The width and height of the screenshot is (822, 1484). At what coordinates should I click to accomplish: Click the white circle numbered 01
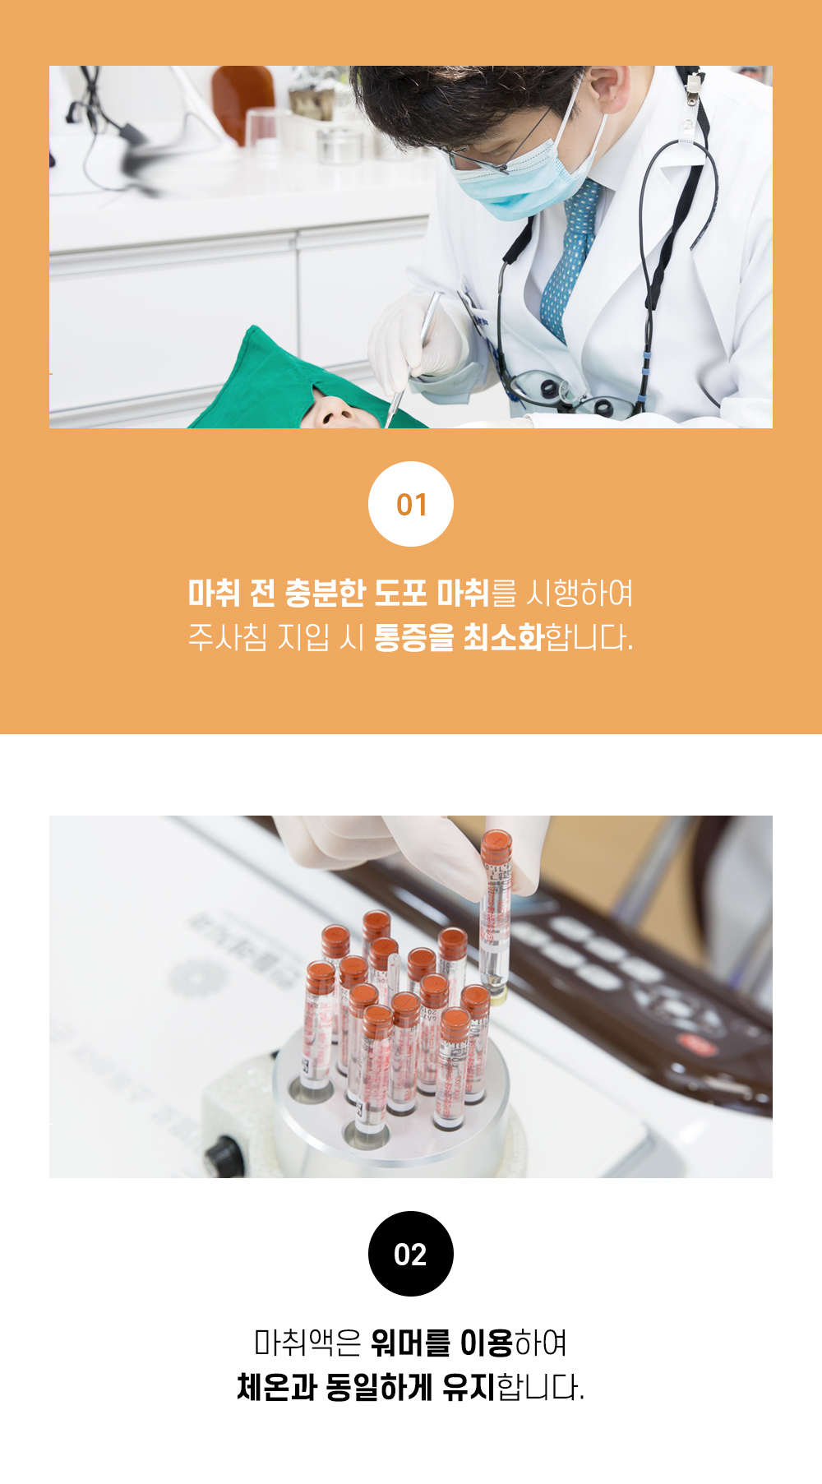411,504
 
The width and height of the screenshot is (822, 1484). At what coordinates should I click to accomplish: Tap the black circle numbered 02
411,1254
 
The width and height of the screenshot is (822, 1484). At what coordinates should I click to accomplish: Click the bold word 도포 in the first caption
400,593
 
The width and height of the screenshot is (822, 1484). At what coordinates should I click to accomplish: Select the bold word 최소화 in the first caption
503,637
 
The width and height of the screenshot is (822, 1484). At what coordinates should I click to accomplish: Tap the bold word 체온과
277,1387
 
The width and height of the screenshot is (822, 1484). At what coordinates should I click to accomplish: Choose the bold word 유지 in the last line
469,1387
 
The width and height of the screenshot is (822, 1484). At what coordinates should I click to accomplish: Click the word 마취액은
307,1343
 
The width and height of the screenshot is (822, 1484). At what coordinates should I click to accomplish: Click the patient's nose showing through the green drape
334,412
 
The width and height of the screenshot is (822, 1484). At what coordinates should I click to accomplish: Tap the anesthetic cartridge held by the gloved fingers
496,913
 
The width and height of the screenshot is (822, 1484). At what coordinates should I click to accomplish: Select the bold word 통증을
413,637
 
